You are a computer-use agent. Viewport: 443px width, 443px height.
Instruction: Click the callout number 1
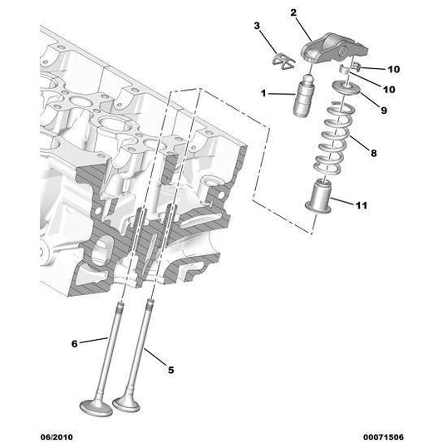tap(263, 95)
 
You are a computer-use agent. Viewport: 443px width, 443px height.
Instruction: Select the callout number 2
tap(293, 12)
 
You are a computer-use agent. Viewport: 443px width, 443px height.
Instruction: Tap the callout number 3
tap(258, 27)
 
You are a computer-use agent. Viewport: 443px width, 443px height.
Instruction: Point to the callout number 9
tap(384, 108)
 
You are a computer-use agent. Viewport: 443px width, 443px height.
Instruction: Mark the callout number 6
tap(74, 342)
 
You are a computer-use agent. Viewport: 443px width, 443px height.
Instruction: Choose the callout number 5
tap(172, 370)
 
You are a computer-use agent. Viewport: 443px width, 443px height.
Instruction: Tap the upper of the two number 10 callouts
tap(394, 69)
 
